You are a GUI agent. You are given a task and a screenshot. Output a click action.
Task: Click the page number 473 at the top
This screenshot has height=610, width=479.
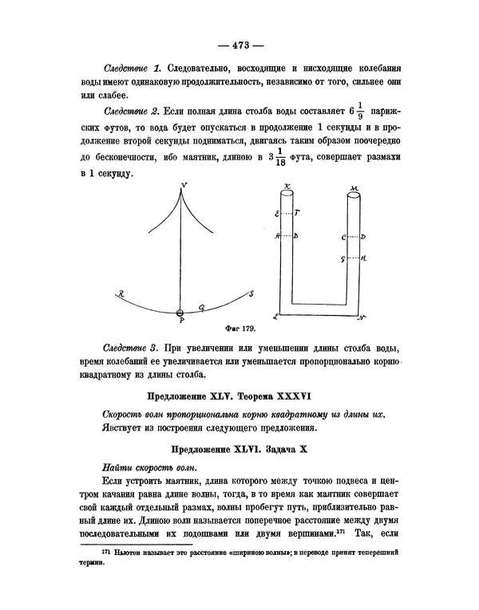[x=239, y=45]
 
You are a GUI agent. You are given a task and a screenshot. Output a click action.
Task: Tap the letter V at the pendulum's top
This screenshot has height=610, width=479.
[x=184, y=187]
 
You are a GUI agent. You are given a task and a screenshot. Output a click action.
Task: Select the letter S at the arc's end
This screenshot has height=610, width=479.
[x=251, y=293]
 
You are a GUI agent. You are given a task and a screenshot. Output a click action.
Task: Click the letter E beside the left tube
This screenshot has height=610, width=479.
[x=277, y=214]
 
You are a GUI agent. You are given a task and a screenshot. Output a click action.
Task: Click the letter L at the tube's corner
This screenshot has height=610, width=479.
[x=275, y=317]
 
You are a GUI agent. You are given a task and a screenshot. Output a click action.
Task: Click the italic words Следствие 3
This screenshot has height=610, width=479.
[x=131, y=349]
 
